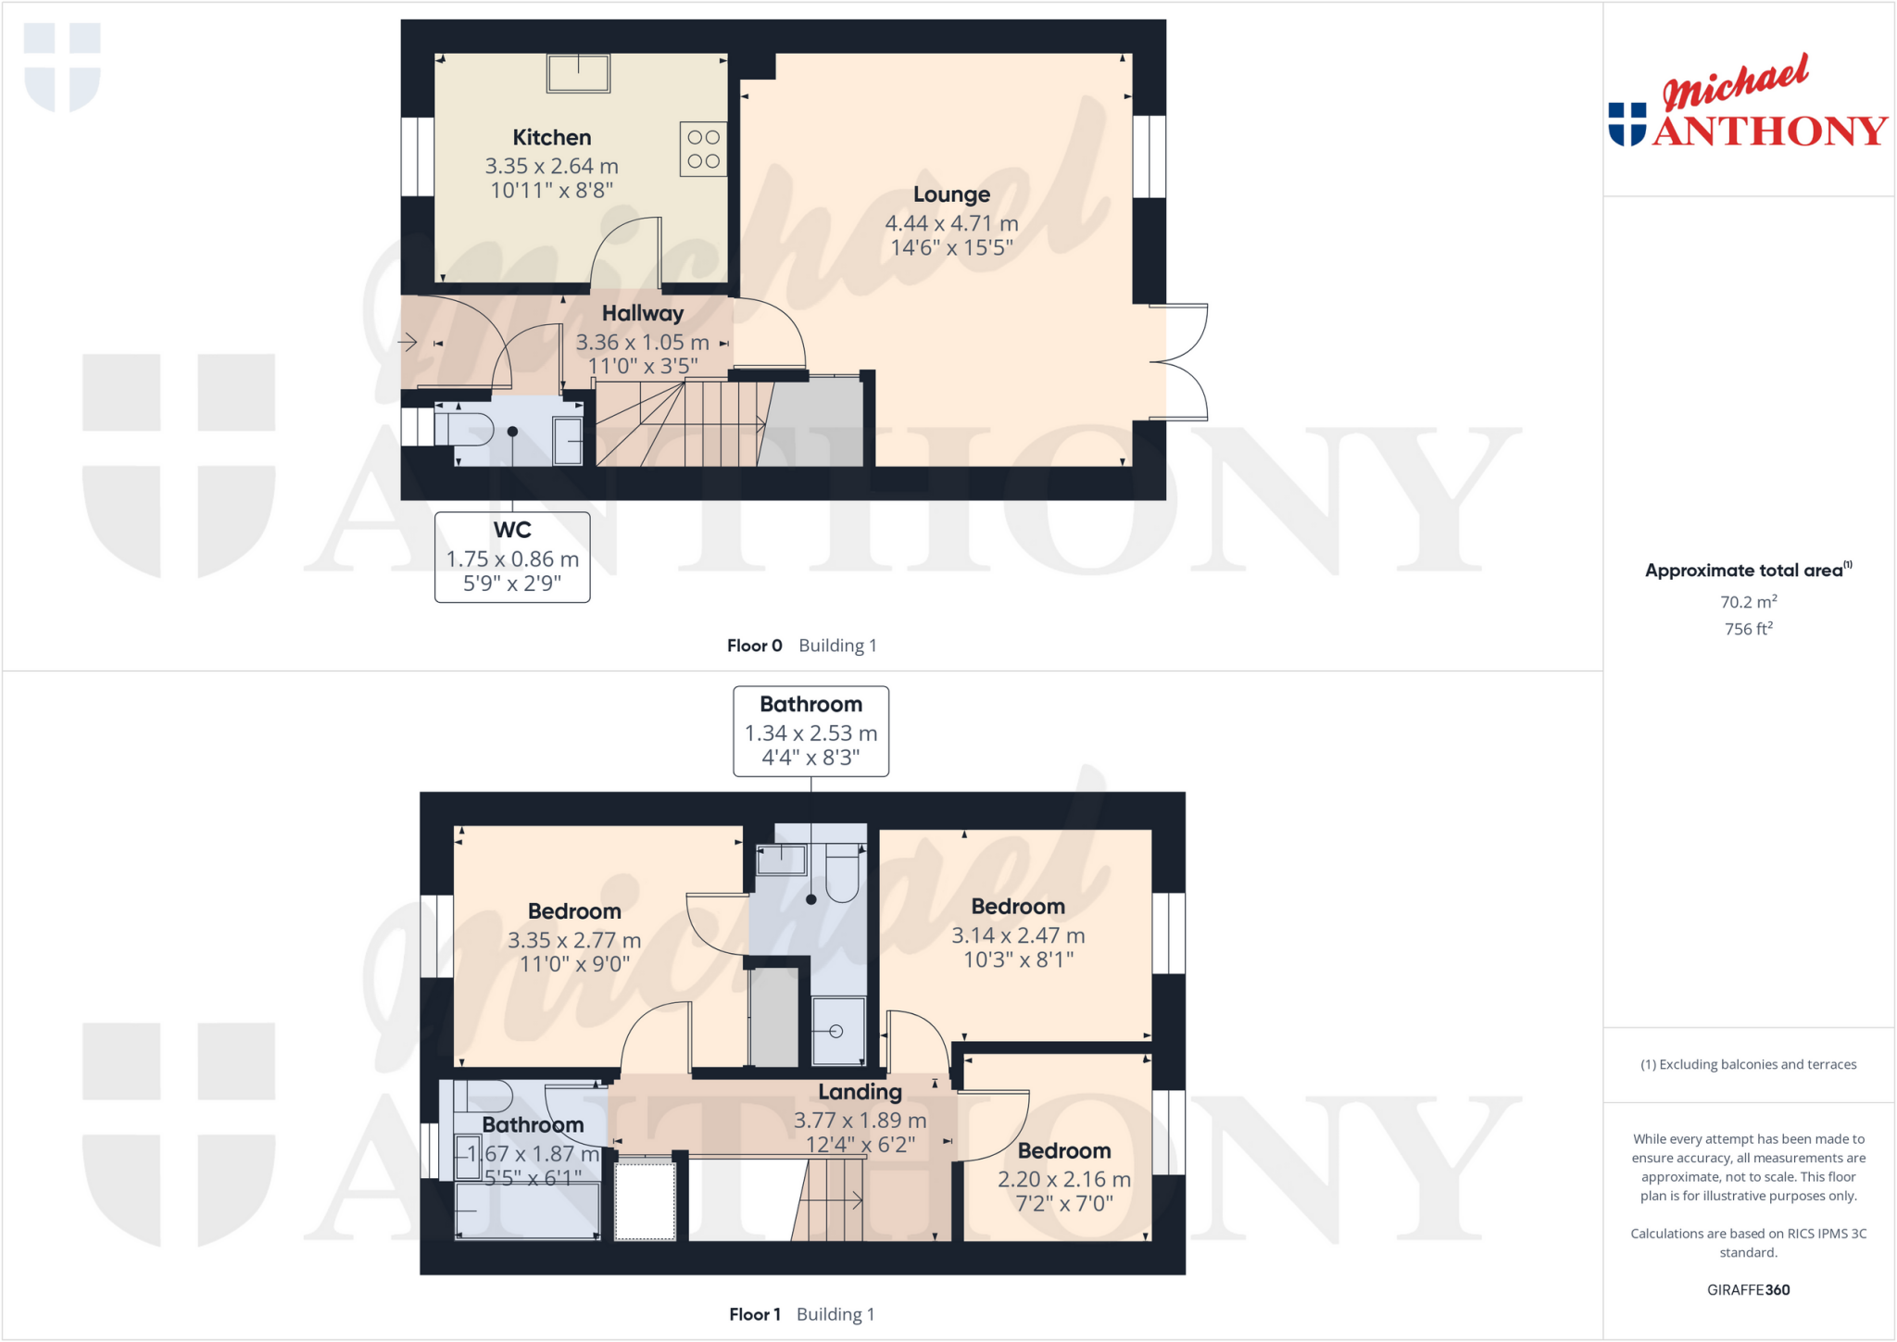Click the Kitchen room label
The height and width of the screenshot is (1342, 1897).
coord(552,137)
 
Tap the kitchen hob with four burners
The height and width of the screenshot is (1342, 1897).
coord(703,149)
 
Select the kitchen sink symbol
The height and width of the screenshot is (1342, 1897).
coord(578,73)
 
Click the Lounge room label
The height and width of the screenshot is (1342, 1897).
coord(951,194)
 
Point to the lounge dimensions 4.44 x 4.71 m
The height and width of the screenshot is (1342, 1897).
coord(951,223)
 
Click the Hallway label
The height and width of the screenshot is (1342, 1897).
coord(643,313)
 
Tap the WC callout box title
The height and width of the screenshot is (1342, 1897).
coord(512,530)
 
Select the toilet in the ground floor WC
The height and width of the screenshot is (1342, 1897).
coord(466,431)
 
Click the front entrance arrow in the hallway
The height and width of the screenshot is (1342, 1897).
coord(408,343)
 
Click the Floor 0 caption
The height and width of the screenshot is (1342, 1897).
coord(754,646)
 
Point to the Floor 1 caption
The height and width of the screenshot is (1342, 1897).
coord(754,1314)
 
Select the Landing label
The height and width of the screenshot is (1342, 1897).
coord(860,1092)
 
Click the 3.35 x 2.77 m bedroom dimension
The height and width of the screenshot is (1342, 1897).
coord(574,940)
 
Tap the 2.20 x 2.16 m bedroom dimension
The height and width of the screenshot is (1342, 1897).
coord(1064,1179)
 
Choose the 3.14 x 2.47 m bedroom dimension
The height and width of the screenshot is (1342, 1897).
coord(1018,935)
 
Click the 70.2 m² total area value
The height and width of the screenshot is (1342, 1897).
coord(1748,602)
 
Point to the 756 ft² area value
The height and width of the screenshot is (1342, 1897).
coord(1748,629)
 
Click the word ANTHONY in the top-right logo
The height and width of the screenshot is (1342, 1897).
coord(1770,132)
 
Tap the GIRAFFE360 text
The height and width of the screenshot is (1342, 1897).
coord(1748,1289)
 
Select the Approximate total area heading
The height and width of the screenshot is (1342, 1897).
coord(1744,571)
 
